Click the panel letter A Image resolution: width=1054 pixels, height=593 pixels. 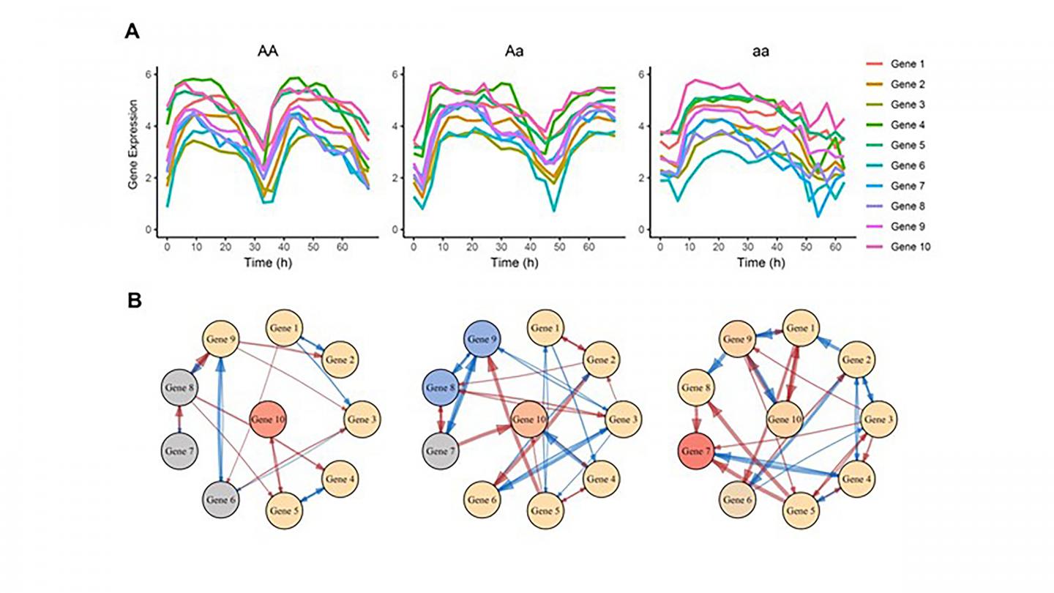click(132, 31)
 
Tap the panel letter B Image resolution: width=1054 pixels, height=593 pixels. click(132, 300)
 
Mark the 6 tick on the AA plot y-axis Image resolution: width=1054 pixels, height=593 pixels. click(149, 74)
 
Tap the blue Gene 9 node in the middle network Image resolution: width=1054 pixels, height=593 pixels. click(485, 342)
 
